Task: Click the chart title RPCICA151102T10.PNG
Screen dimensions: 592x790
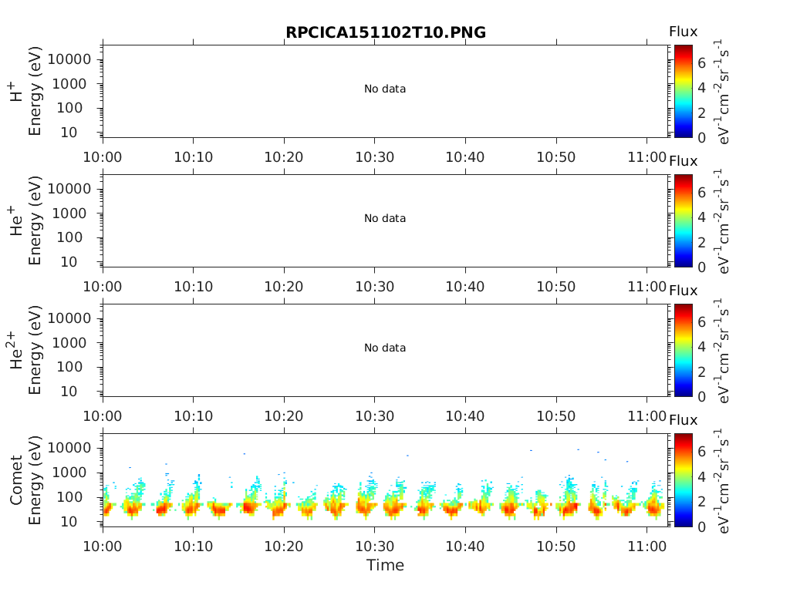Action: coord(385,32)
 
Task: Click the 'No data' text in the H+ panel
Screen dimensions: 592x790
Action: coord(385,89)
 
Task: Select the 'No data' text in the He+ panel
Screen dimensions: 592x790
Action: coord(385,219)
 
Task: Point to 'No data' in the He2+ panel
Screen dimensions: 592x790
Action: coord(385,348)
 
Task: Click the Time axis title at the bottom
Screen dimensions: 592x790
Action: coord(385,565)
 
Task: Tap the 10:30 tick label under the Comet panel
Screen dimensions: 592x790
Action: coord(374,546)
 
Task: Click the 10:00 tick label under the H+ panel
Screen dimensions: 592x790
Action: coord(103,157)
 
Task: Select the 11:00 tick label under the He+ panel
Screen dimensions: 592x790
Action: coord(647,287)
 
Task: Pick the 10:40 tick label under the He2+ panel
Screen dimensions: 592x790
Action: coord(465,416)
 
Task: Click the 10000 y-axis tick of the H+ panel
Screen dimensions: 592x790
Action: coord(69,59)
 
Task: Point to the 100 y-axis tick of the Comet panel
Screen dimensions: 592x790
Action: coord(80,497)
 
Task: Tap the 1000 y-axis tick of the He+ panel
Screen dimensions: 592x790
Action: coord(75,214)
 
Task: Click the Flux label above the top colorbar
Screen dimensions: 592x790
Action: coord(683,32)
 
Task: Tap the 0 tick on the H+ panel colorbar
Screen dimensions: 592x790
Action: coord(702,138)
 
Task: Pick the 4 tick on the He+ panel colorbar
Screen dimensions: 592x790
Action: coord(702,217)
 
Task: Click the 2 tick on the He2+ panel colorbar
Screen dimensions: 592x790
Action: coord(702,372)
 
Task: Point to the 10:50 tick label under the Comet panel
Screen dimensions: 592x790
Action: coord(556,546)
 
